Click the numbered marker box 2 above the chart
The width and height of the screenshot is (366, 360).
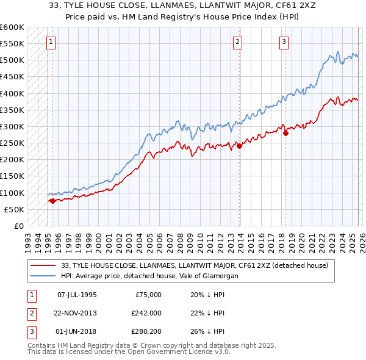(237, 42)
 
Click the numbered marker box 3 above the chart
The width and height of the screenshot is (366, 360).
(284, 42)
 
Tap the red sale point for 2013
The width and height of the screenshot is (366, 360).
(239, 146)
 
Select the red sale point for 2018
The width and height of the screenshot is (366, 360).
(285, 133)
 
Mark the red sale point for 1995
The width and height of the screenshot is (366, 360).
(52, 201)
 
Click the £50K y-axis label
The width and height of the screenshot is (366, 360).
(14, 209)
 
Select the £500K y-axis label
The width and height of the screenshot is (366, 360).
(12, 60)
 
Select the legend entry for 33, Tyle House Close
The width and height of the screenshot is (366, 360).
(195, 265)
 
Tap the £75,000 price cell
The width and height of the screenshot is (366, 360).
(148, 294)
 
